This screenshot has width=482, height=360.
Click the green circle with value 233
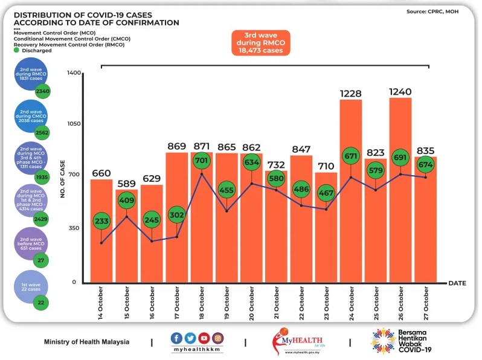point(101,221)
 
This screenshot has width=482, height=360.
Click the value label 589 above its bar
point(126,184)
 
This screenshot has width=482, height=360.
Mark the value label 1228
point(350,93)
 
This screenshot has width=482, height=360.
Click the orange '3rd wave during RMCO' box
point(260,43)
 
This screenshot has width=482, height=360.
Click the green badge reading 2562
point(42,133)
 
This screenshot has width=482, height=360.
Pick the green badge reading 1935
point(42,178)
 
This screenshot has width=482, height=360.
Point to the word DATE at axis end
point(457,283)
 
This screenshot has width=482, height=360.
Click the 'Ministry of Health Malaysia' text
point(86,342)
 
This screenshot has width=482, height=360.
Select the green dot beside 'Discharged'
point(16,51)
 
